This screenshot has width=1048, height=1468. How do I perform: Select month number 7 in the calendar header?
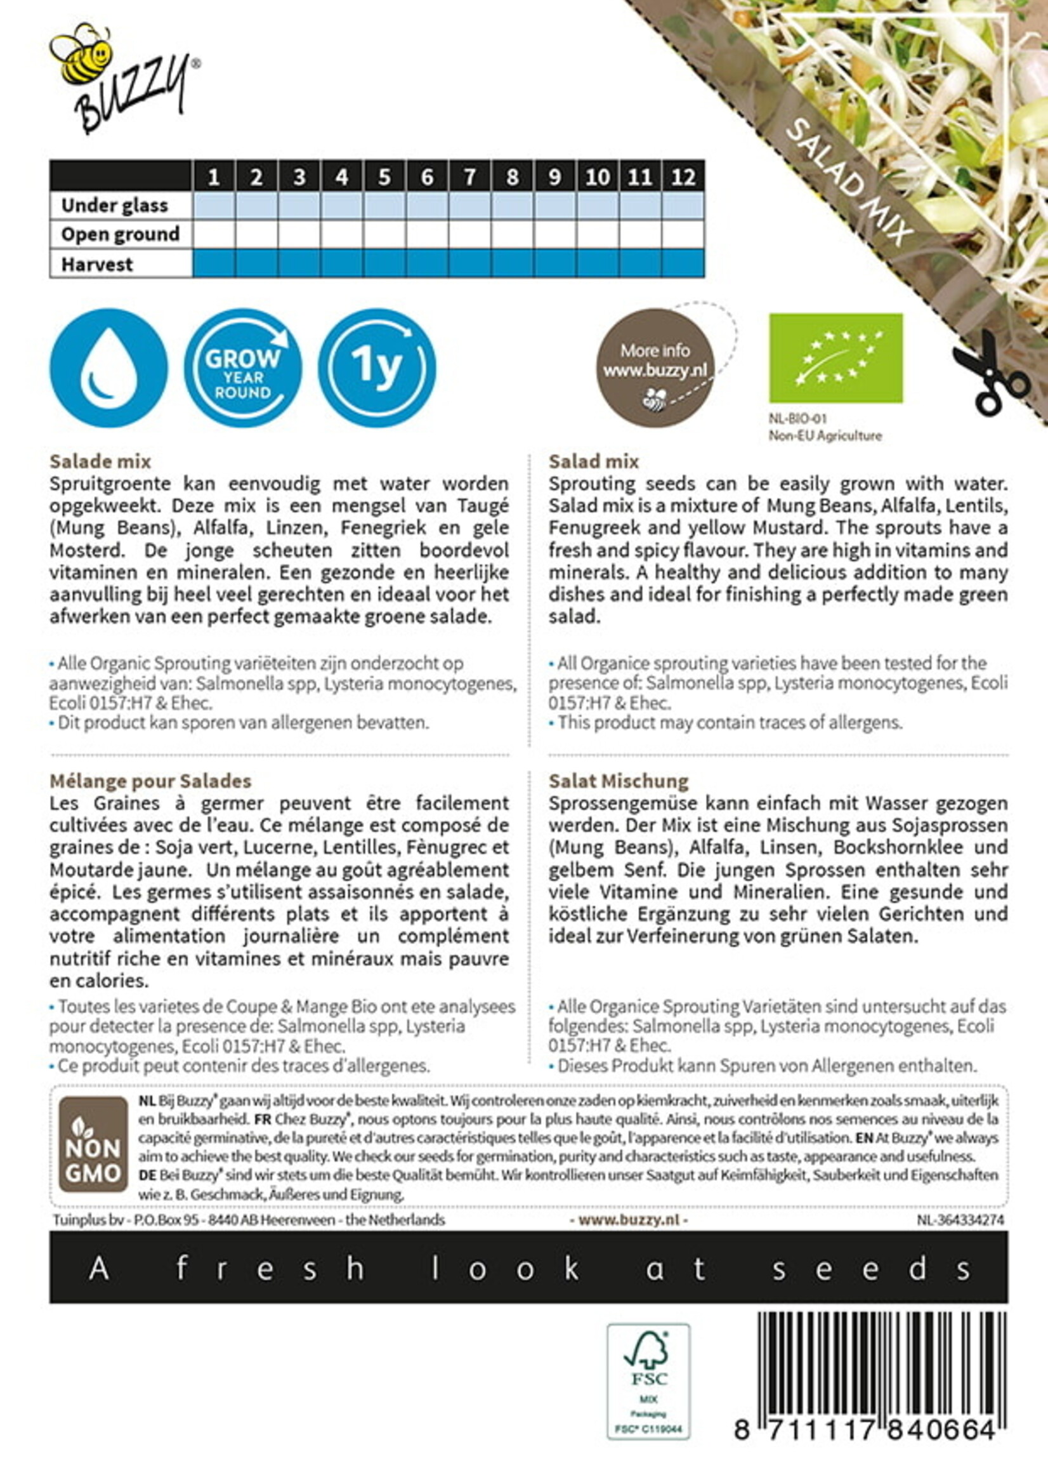pos(470,176)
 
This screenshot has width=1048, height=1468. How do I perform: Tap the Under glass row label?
pos(114,205)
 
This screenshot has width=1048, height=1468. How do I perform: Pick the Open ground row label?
pos(120,234)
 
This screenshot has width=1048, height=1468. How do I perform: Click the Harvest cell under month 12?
pos(683,263)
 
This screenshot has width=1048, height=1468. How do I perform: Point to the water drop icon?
pos(108,367)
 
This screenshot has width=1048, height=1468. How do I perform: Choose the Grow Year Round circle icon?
pos(242,367)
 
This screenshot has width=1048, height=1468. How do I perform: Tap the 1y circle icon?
pos(377,367)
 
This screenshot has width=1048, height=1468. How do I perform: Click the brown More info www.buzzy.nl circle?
pos(655,367)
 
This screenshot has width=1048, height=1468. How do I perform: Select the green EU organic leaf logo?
pos(835,358)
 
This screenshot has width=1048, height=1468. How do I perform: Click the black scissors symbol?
pos(987,373)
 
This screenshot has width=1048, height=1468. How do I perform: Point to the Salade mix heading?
pos(100,461)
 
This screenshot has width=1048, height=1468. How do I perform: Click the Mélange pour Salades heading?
pos(150,781)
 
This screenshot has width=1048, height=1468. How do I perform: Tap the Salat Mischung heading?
pos(619,781)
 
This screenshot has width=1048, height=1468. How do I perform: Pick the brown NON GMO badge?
pos(93,1143)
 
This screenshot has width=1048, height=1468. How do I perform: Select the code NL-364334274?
pos(960,1220)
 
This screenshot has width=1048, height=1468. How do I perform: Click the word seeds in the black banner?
pos(871,1269)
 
